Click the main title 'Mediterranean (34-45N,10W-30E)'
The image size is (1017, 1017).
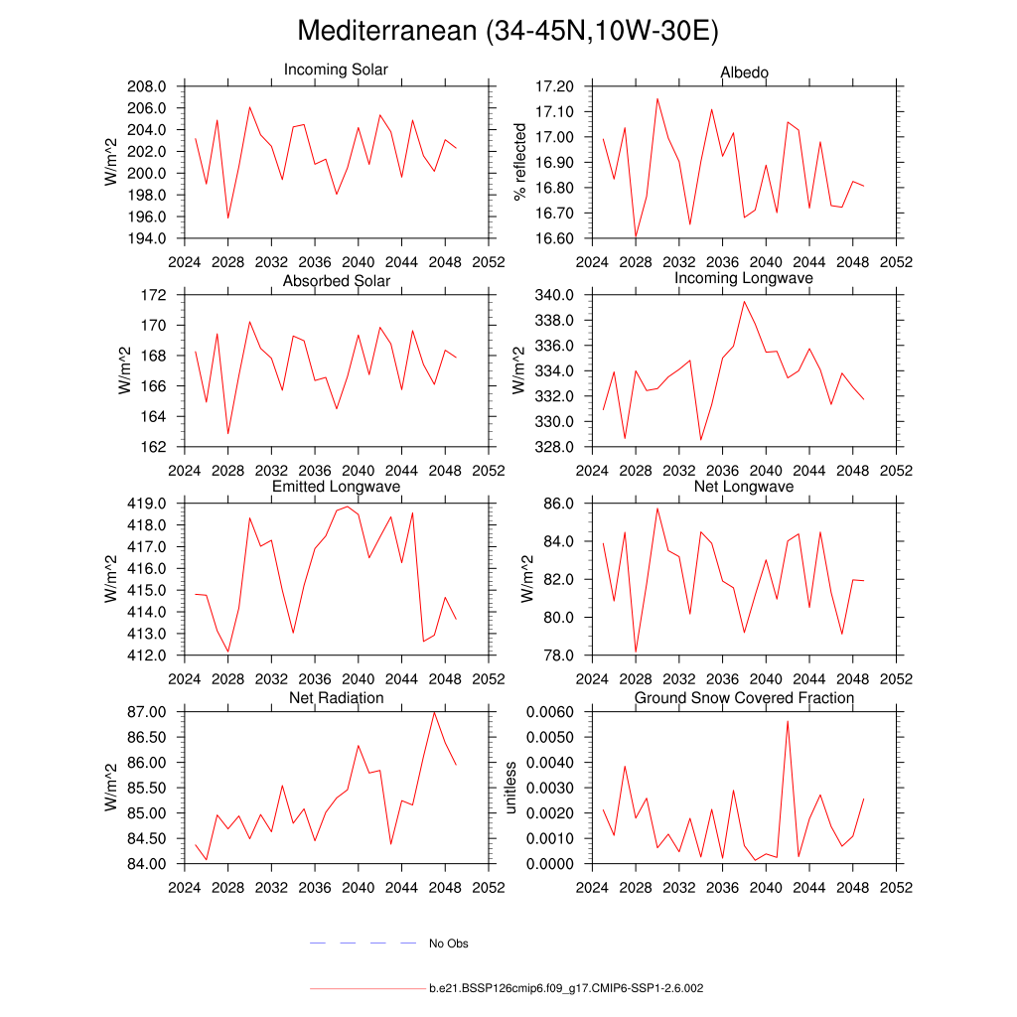click(508, 32)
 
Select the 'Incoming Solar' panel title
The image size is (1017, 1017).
click(336, 71)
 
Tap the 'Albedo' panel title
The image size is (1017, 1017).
click(744, 73)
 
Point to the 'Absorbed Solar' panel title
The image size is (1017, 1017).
click(336, 281)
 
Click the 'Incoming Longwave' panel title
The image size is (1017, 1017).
click(744, 278)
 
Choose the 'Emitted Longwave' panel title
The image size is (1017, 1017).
click(336, 487)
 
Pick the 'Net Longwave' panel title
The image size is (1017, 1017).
click(744, 487)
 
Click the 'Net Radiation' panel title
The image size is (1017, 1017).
click(336, 698)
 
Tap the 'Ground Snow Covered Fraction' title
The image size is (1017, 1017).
click(744, 698)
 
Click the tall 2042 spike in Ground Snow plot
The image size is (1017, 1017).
click(788, 721)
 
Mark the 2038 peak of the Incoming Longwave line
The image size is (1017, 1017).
click(744, 301)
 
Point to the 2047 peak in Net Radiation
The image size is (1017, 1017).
click(434, 712)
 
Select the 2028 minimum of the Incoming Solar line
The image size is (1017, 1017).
click(227, 218)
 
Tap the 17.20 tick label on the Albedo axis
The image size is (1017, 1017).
click(554, 86)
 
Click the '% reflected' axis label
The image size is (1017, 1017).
click(518, 162)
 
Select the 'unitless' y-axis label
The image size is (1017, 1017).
click(511, 788)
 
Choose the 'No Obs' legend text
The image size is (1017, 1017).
click(448, 944)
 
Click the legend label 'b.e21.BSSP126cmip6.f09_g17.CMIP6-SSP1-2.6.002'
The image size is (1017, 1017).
click(566, 989)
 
